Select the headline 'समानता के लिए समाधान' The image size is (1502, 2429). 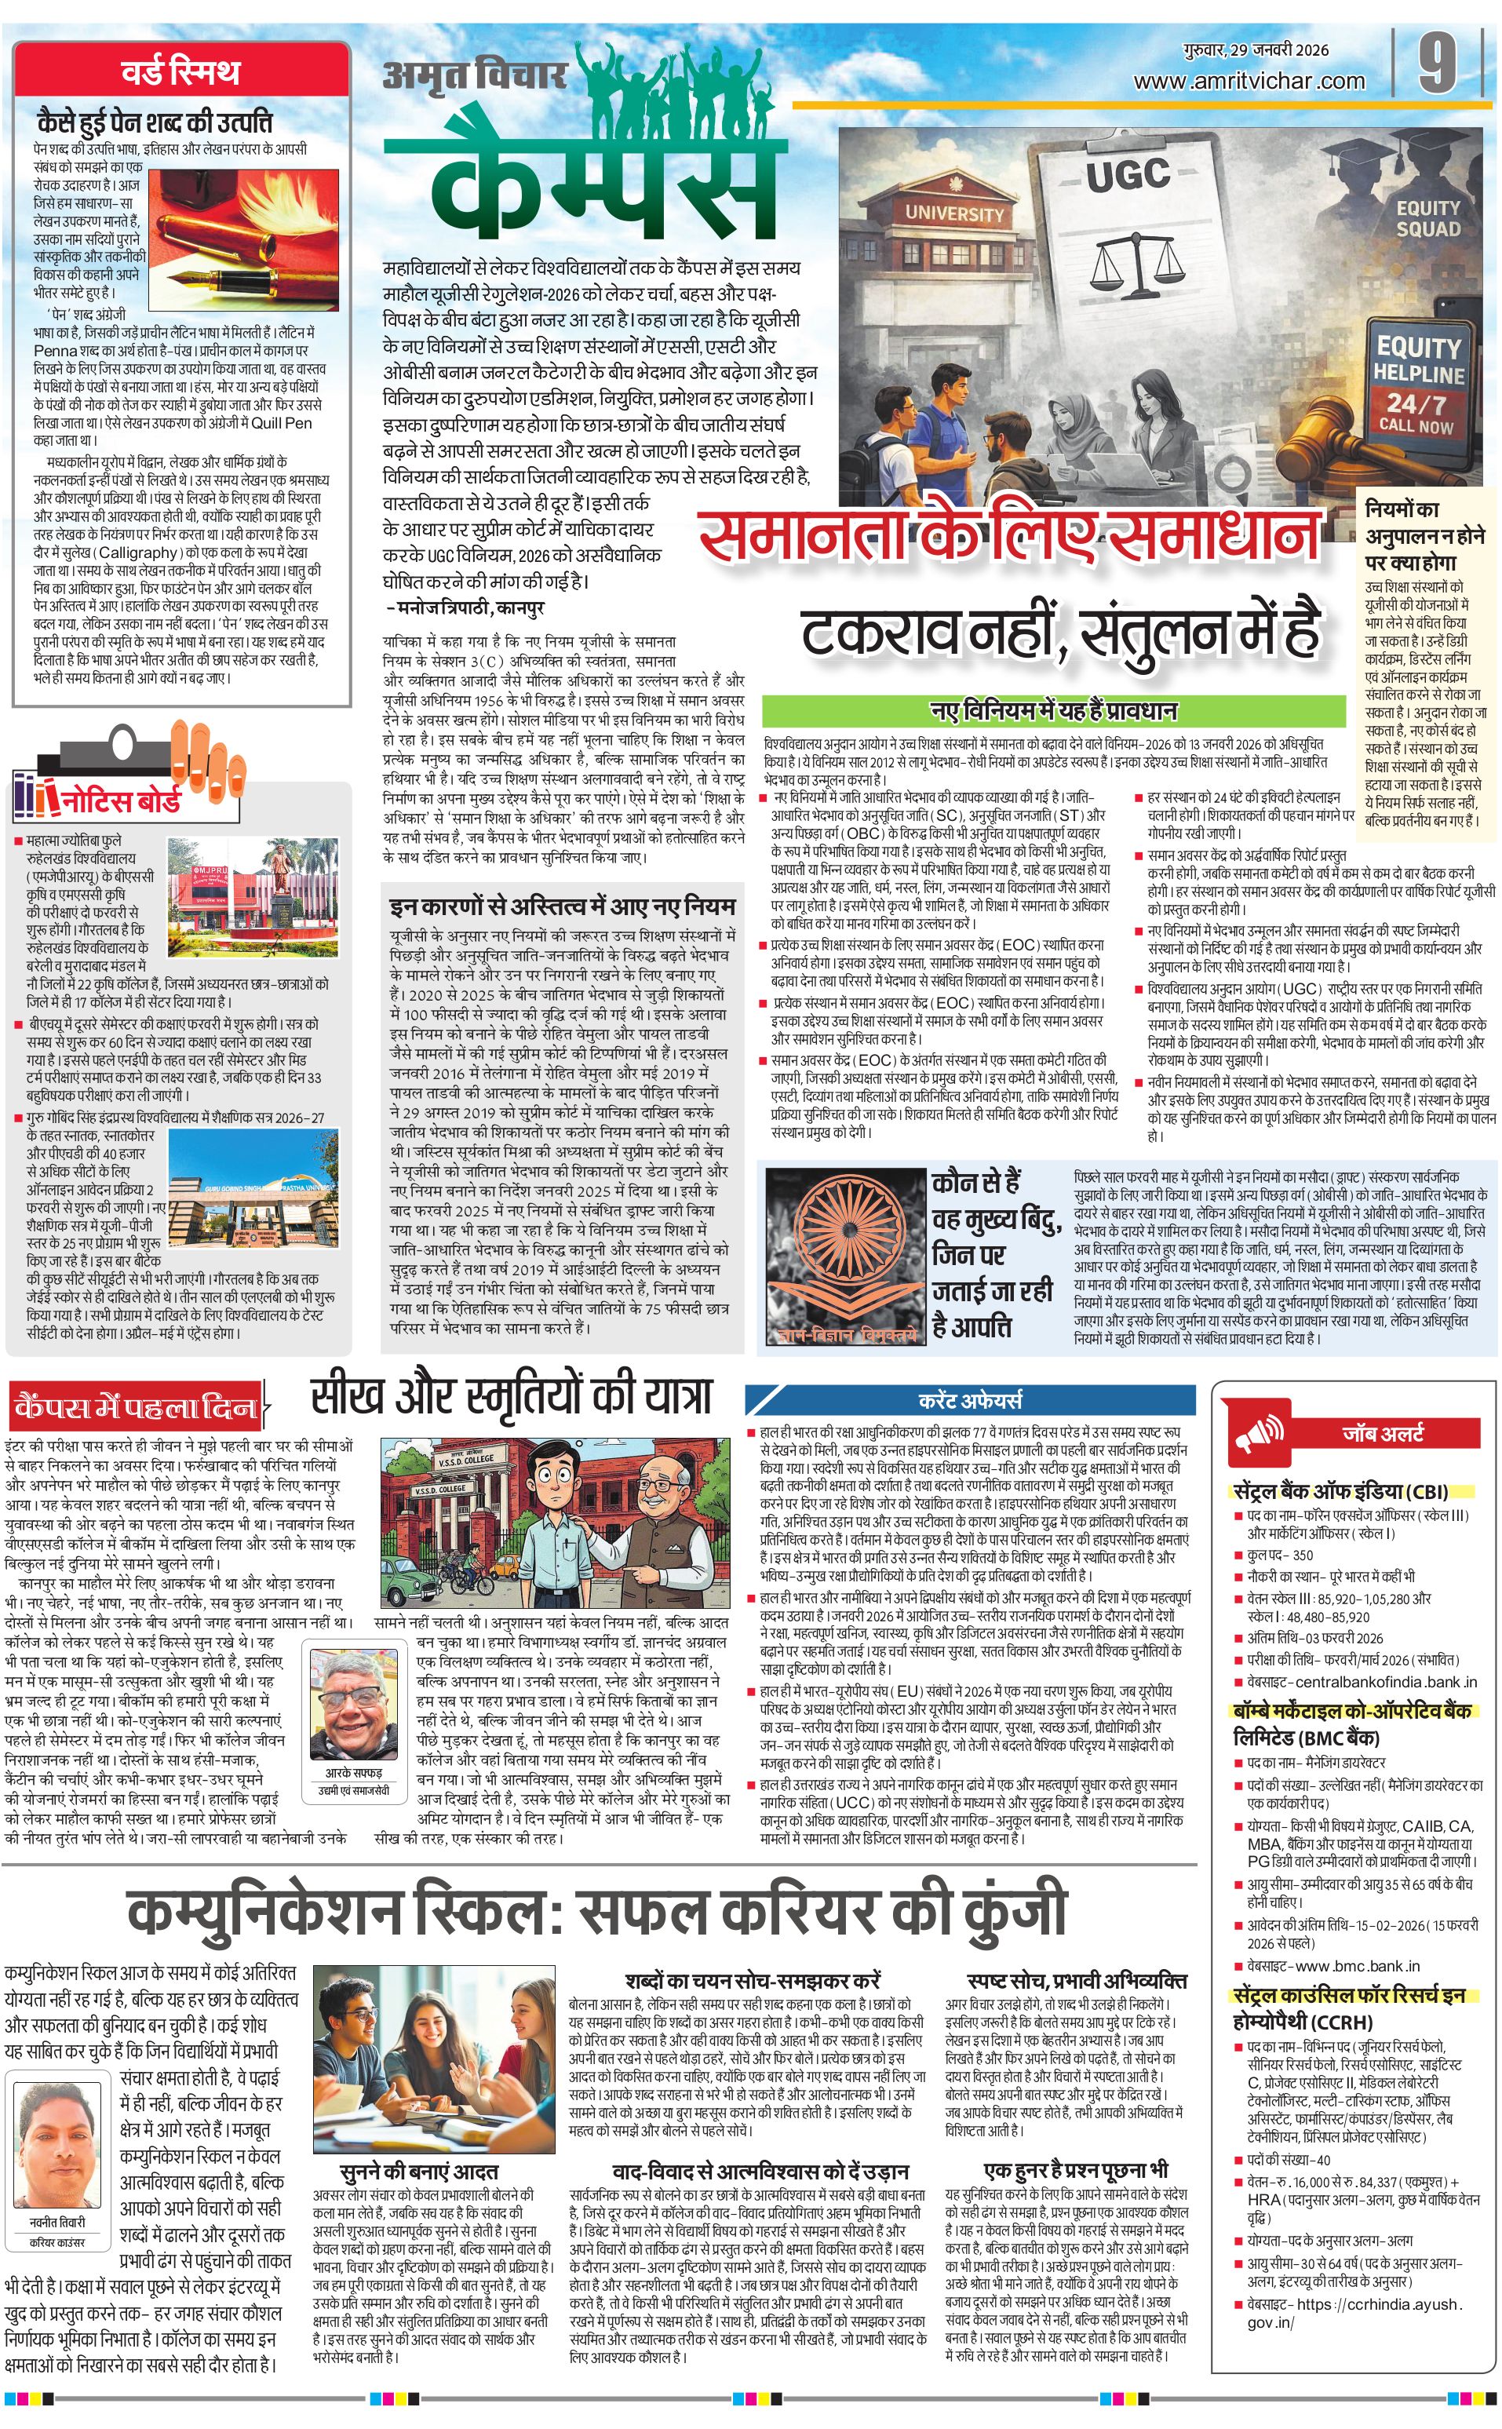point(1009,538)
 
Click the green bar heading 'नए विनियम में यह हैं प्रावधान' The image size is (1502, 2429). point(1053,710)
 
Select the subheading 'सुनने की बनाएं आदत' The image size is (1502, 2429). point(418,2172)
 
